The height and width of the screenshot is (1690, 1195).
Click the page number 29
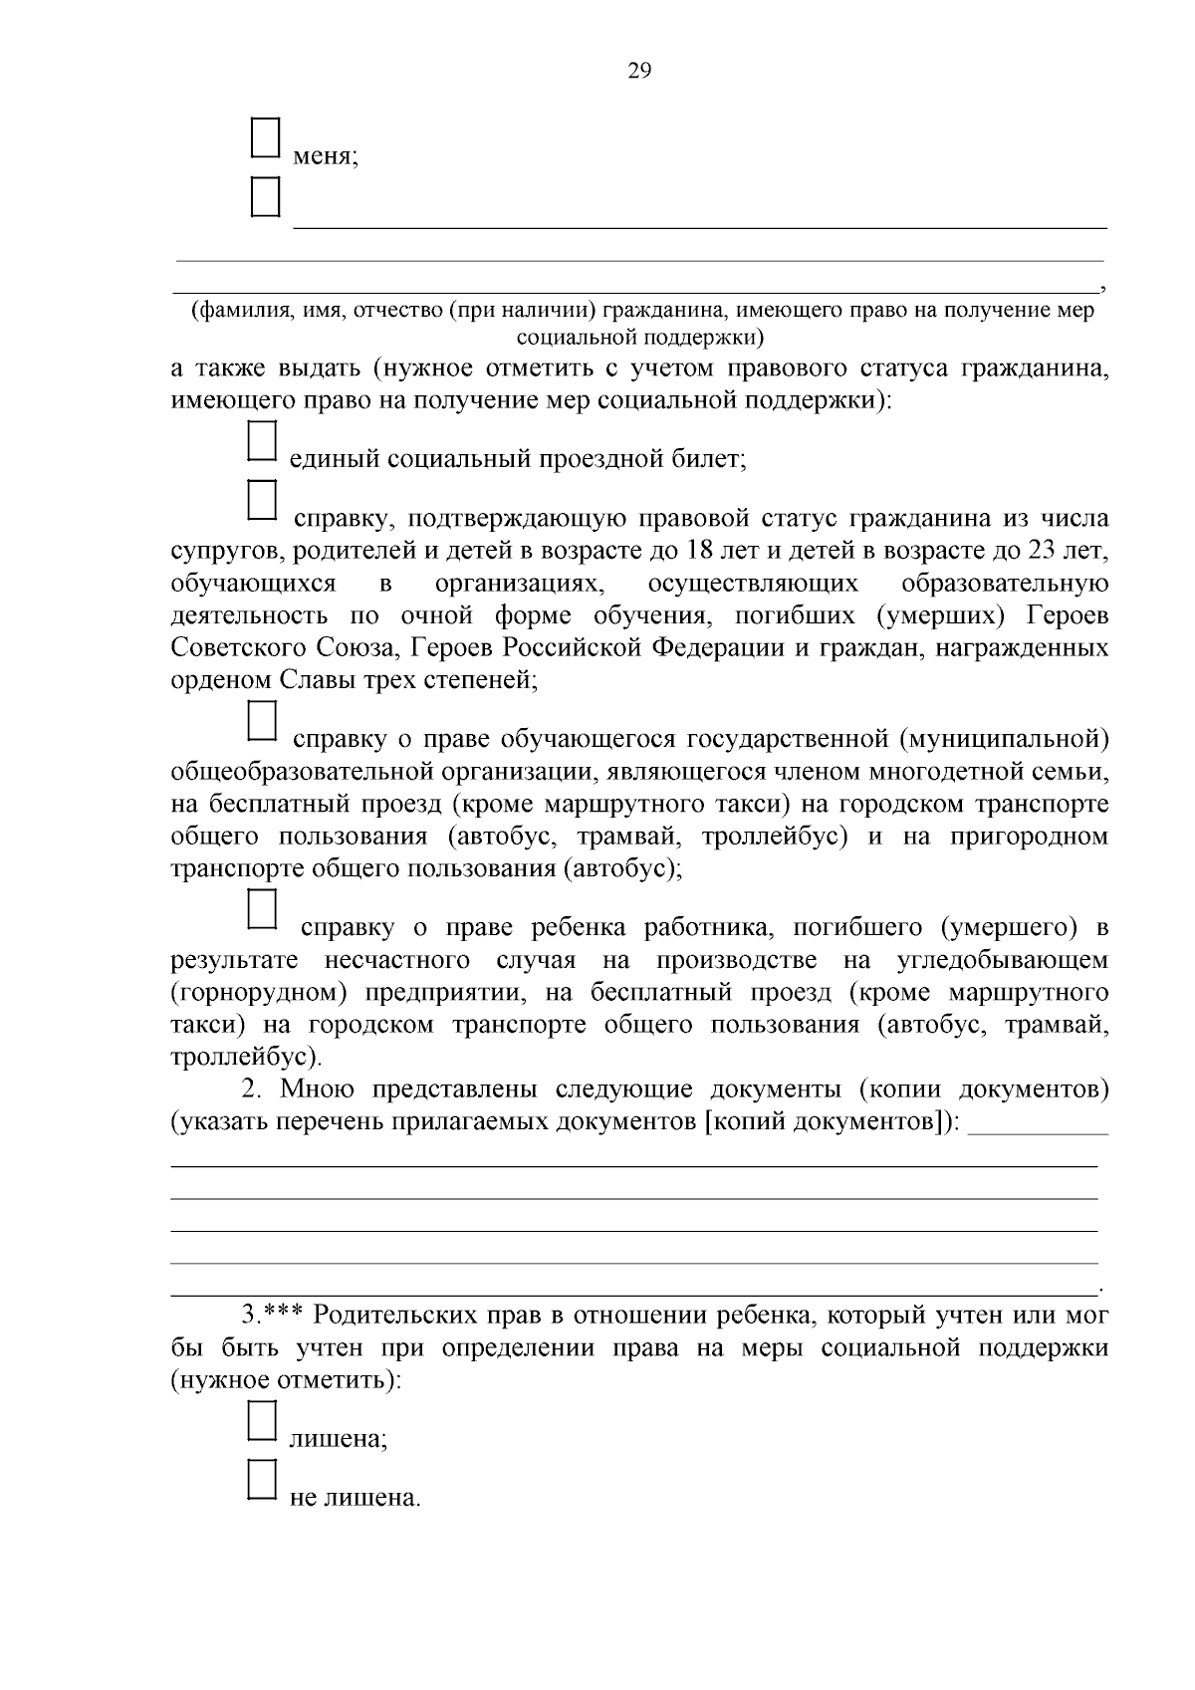[639, 70]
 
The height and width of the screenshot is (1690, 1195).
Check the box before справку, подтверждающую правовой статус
[261, 500]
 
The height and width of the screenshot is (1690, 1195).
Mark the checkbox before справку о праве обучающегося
[261, 722]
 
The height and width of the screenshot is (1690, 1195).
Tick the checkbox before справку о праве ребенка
[261, 909]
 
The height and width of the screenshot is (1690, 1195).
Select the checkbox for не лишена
[261, 1480]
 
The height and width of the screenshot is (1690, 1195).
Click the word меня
[326, 156]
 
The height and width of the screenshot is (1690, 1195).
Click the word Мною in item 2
[319, 1089]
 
